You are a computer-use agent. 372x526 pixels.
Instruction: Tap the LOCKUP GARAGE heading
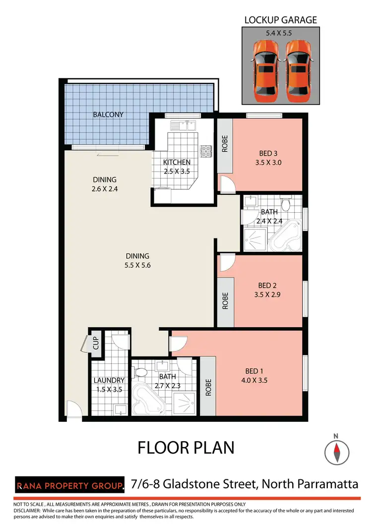pos(280,20)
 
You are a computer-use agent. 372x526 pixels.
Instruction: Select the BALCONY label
pos(108,115)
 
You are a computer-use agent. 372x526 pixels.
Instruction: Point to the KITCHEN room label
pos(177,162)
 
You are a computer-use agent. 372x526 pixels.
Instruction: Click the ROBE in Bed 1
pos(208,386)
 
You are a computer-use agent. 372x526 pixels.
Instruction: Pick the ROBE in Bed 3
pos(225,144)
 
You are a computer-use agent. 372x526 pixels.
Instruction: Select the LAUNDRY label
pos(109,381)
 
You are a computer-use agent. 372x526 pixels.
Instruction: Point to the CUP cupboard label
pos(96,343)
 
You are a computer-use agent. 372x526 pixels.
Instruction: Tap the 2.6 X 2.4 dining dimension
pos(104,189)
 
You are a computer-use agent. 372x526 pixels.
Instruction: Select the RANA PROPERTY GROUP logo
pos(69,484)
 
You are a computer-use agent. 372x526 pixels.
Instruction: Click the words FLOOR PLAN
pos(186,448)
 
